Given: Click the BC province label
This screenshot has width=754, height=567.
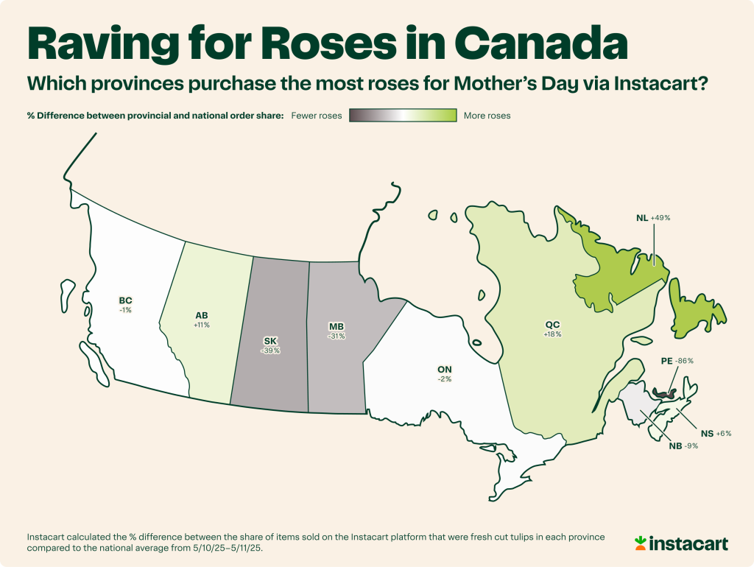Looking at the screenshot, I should click(x=126, y=300).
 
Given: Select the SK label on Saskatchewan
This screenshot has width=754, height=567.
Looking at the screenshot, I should click(x=270, y=341).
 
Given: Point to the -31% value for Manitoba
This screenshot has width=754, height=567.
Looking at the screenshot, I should click(x=337, y=336).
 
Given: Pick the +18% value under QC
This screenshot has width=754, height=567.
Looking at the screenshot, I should click(x=553, y=334).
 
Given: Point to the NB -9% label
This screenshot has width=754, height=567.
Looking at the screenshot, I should click(x=683, y=446).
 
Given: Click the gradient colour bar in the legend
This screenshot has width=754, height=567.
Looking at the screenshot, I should click(x=402, y=116).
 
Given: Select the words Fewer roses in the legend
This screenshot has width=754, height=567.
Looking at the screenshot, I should click(x=317, y=116).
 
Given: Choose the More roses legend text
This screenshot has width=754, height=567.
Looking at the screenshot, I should click(x=487, y=116).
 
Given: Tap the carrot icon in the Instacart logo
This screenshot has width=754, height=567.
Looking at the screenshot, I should click(x=641, y=543).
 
